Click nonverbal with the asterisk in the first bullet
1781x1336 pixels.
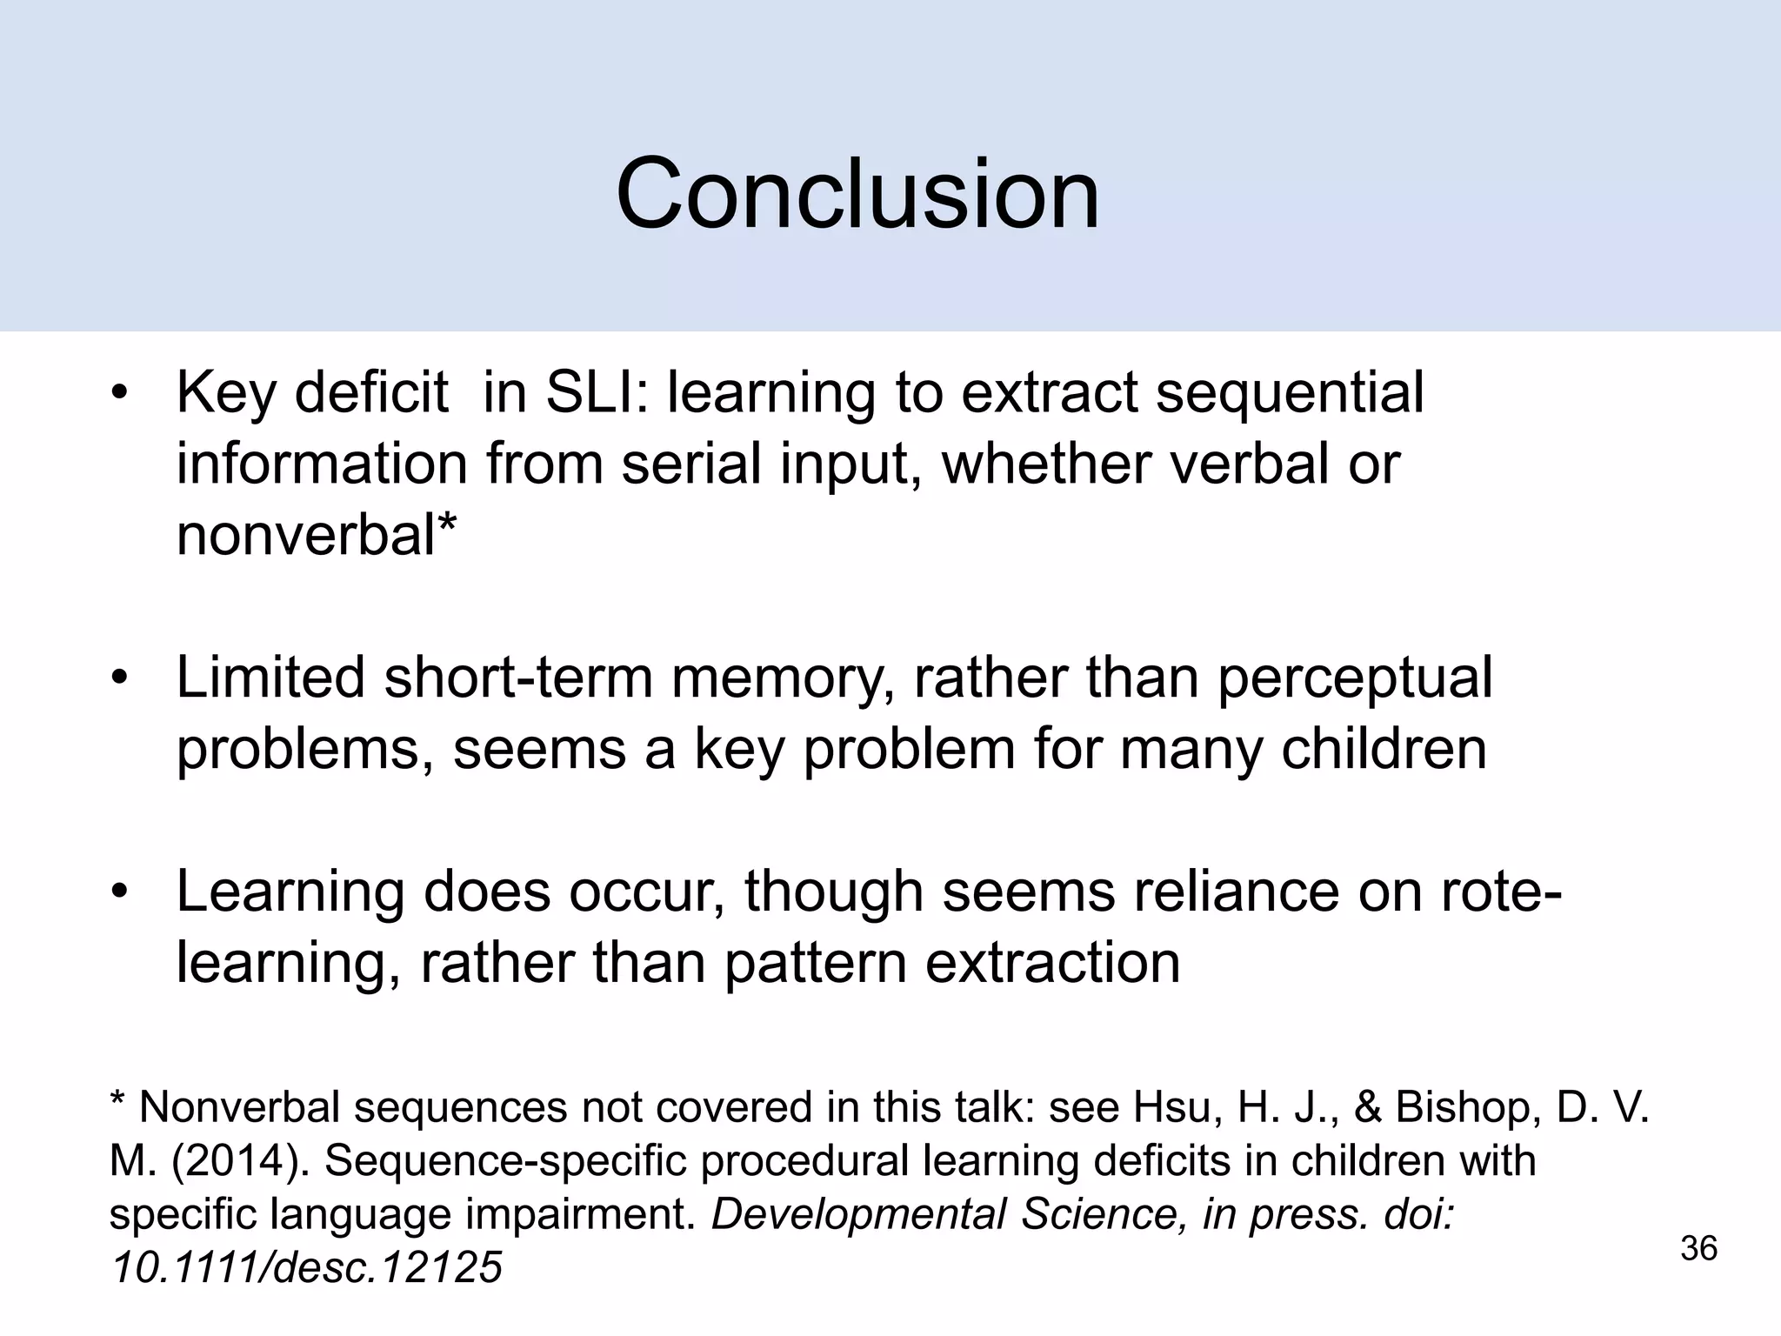[x=317, y=533]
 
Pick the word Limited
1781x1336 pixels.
[x=270, y=678]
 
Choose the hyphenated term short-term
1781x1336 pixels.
[x=518, y=678]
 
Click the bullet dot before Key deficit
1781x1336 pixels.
[x=119, y=393]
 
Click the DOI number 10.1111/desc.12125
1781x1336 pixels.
[x=307, y=1267]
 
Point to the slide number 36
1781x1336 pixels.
[x=1698, y=1249]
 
